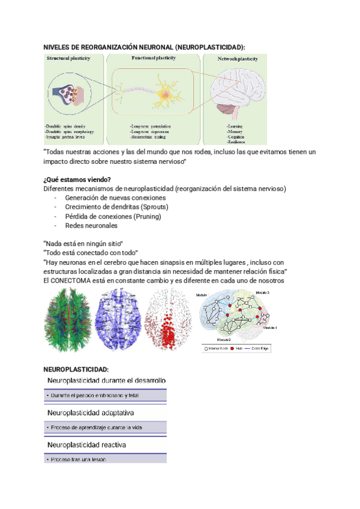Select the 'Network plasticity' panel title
[238, 59]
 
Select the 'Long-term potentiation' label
[151, 127]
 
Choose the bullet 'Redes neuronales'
[91, 225]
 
